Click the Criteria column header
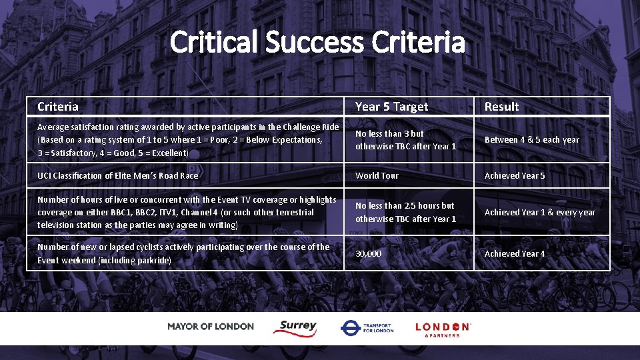tap(58, 107)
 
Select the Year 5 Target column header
tap(392, 107)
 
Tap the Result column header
tap(501, 107)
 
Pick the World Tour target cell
tap(377, 175)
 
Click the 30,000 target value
tap(369, 254)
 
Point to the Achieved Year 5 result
tap(515, 175)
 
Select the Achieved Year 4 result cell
tap(515, 254)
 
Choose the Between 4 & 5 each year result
tap(532, 140)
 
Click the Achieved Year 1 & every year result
tap(540, 213)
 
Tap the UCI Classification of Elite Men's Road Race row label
tap(118, 175)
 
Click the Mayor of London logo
tap(211, 327)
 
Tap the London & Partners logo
tap(443, 329)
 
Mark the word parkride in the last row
tap(153, 260)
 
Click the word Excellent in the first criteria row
tap(168, 153)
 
